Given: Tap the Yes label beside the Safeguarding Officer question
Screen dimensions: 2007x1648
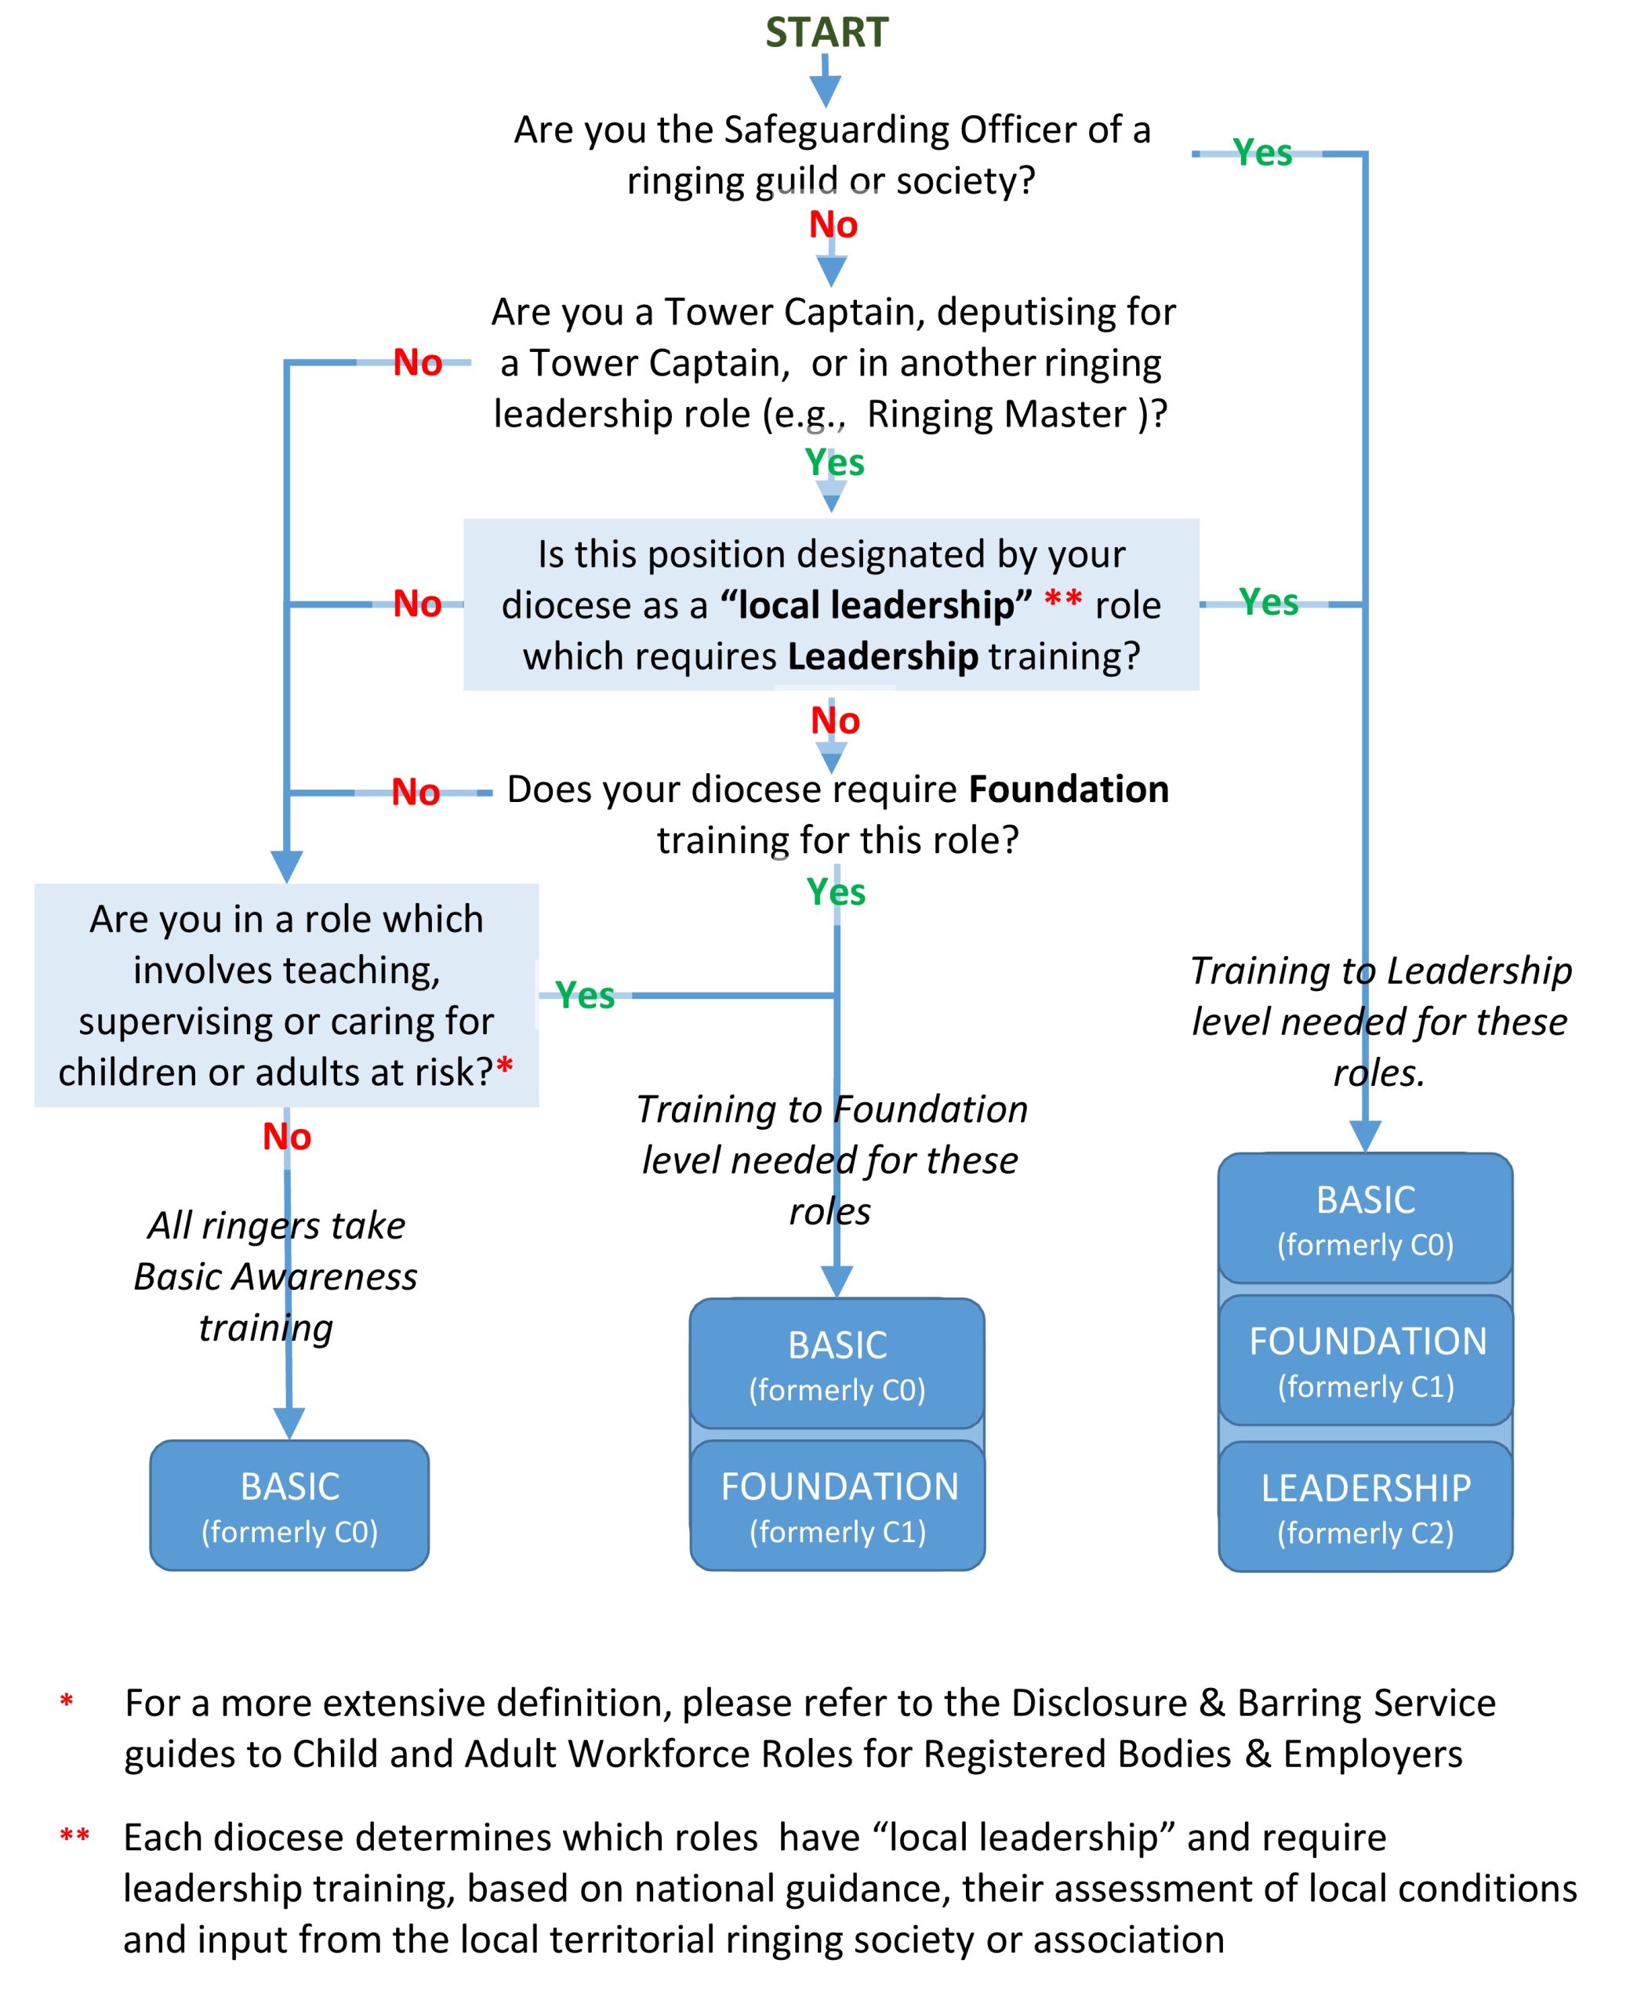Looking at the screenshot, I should tap(1261, 153).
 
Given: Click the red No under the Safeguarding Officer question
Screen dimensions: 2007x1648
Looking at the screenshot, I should tap(833, 225).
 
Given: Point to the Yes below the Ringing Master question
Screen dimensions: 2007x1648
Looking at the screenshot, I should tap(834, 463).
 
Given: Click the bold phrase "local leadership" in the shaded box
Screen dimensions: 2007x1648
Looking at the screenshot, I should tap(875, 604).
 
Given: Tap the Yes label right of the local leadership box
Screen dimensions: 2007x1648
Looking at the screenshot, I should tap(1269, 602).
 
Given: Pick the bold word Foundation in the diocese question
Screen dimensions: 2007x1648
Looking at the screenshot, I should tap(1069, 789).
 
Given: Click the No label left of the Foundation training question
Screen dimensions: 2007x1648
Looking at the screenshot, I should tap(415, 792).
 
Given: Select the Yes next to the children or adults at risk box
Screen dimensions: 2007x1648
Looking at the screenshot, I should tap(585, 995).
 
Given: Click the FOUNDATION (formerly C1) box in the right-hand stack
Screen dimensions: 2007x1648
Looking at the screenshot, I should tap(1366, 1360).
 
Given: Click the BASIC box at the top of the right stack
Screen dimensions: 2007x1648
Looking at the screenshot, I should tap(1365, 1218).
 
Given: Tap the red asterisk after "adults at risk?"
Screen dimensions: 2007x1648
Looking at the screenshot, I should tap(505, 1066).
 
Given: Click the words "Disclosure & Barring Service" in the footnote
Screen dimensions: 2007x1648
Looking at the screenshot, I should tap(1253, 1703).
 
